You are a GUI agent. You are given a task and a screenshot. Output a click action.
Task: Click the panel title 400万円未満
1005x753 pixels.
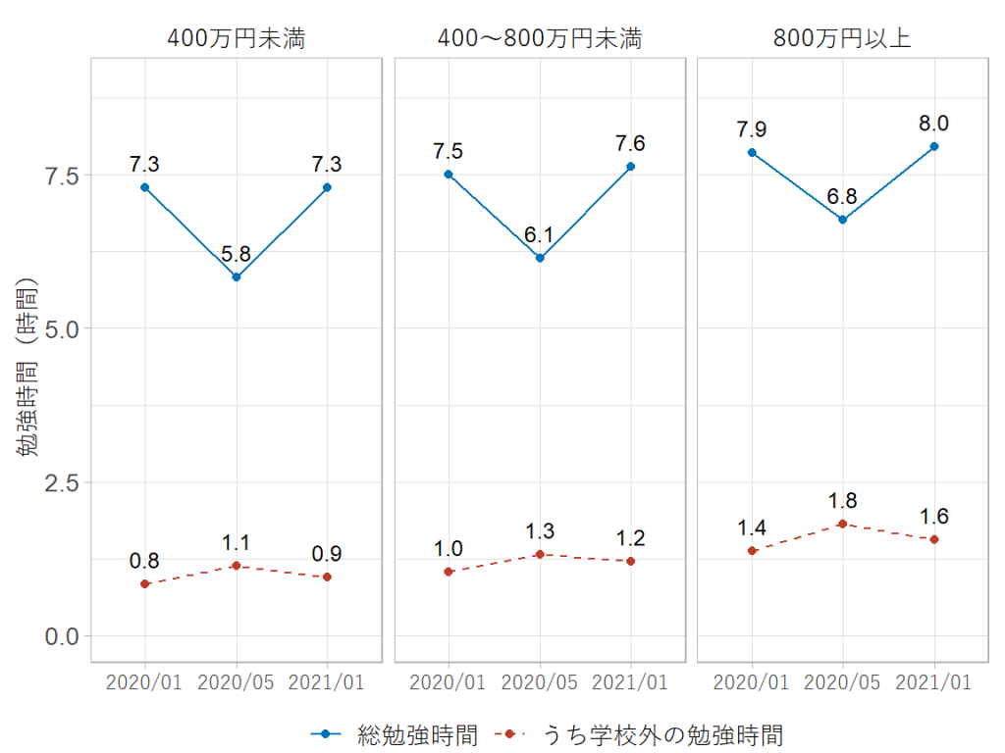coord(237,39)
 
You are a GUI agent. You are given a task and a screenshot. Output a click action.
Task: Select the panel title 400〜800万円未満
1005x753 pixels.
coord(539,39)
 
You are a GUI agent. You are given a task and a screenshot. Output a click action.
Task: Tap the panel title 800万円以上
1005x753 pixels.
coord(842,39)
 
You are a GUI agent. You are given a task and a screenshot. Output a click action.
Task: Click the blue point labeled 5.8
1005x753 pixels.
coord(237,277)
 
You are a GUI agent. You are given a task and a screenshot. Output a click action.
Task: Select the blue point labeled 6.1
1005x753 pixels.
coord(540,258)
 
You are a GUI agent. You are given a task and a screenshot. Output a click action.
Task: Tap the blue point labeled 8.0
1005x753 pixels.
coord(934,146)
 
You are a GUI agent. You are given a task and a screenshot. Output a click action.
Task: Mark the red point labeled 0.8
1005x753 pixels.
coord(145,584)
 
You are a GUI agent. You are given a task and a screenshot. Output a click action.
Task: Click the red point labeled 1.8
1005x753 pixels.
coord(842,524)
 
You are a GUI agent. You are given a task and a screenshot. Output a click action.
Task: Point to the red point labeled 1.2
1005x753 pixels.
coord(631,561)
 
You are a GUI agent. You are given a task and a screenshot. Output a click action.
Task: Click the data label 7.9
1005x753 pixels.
coord(752,129)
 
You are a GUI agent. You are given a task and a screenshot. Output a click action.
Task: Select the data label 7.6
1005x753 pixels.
coord(631,144)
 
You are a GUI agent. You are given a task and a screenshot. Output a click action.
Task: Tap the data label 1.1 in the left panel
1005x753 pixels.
coord(237,543)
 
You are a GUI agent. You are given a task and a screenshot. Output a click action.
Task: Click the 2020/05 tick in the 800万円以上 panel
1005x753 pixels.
coord(842,682)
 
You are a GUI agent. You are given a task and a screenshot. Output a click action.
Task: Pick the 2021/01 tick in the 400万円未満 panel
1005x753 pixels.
coord(328,682)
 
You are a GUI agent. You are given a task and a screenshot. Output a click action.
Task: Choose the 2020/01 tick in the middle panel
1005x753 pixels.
coord(449,682)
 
